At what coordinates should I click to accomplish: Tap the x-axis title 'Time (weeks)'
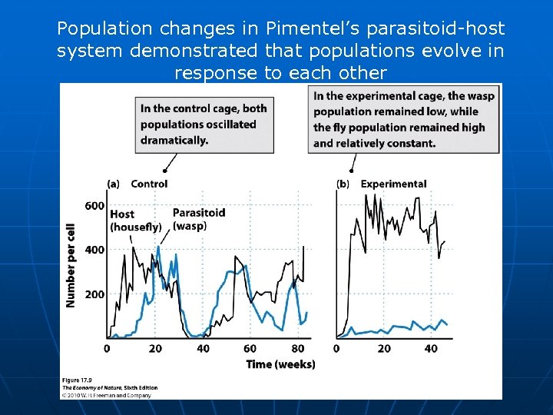click(280, 364)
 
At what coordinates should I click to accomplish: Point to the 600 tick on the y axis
click(94, 205)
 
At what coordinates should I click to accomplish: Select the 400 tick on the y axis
click(94, 250)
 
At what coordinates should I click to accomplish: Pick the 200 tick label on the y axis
click(94, 294)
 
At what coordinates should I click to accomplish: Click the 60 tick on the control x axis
click(250, 349)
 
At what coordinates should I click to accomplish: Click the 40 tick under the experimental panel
click(431, 349)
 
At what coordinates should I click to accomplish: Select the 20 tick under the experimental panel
click(384, 349)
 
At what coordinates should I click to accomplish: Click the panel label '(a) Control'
click(137, 184)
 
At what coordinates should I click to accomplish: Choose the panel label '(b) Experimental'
click(382, 184)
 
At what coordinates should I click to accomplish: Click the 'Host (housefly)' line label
click(135, 221)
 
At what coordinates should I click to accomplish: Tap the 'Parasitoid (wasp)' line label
click(199, 219)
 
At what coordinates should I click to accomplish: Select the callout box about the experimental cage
click(402, 119)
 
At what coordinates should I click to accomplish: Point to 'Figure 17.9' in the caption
click(80, 380)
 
